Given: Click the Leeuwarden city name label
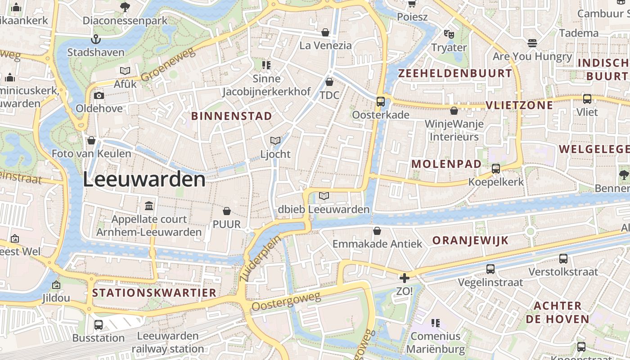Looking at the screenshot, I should point(144,180).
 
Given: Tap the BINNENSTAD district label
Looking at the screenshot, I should point(231,116).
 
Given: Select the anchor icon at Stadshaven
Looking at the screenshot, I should point(95,39).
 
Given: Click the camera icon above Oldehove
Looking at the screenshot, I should point(99,95).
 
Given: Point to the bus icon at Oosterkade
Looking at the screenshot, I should point(381,102).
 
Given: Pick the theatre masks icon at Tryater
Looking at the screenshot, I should point(449,34).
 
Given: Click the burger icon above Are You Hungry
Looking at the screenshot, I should point(532,43).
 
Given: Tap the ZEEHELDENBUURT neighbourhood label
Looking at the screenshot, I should point(455,73).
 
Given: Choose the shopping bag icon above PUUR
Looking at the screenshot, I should point(227,211).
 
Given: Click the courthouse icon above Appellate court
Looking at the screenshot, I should point(149,206).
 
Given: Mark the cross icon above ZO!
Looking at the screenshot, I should point(404,278).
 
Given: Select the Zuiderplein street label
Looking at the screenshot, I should point(260,259).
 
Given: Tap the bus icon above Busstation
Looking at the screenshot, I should point(99,324).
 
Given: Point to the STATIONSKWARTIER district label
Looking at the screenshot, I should point(154,293).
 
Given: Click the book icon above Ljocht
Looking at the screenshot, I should point(275,141).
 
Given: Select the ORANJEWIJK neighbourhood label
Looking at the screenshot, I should point(470,240).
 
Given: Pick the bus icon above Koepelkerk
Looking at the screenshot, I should point(496,169).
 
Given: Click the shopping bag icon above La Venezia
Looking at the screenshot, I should point(325,32).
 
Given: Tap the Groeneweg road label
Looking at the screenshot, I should point(168,65).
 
